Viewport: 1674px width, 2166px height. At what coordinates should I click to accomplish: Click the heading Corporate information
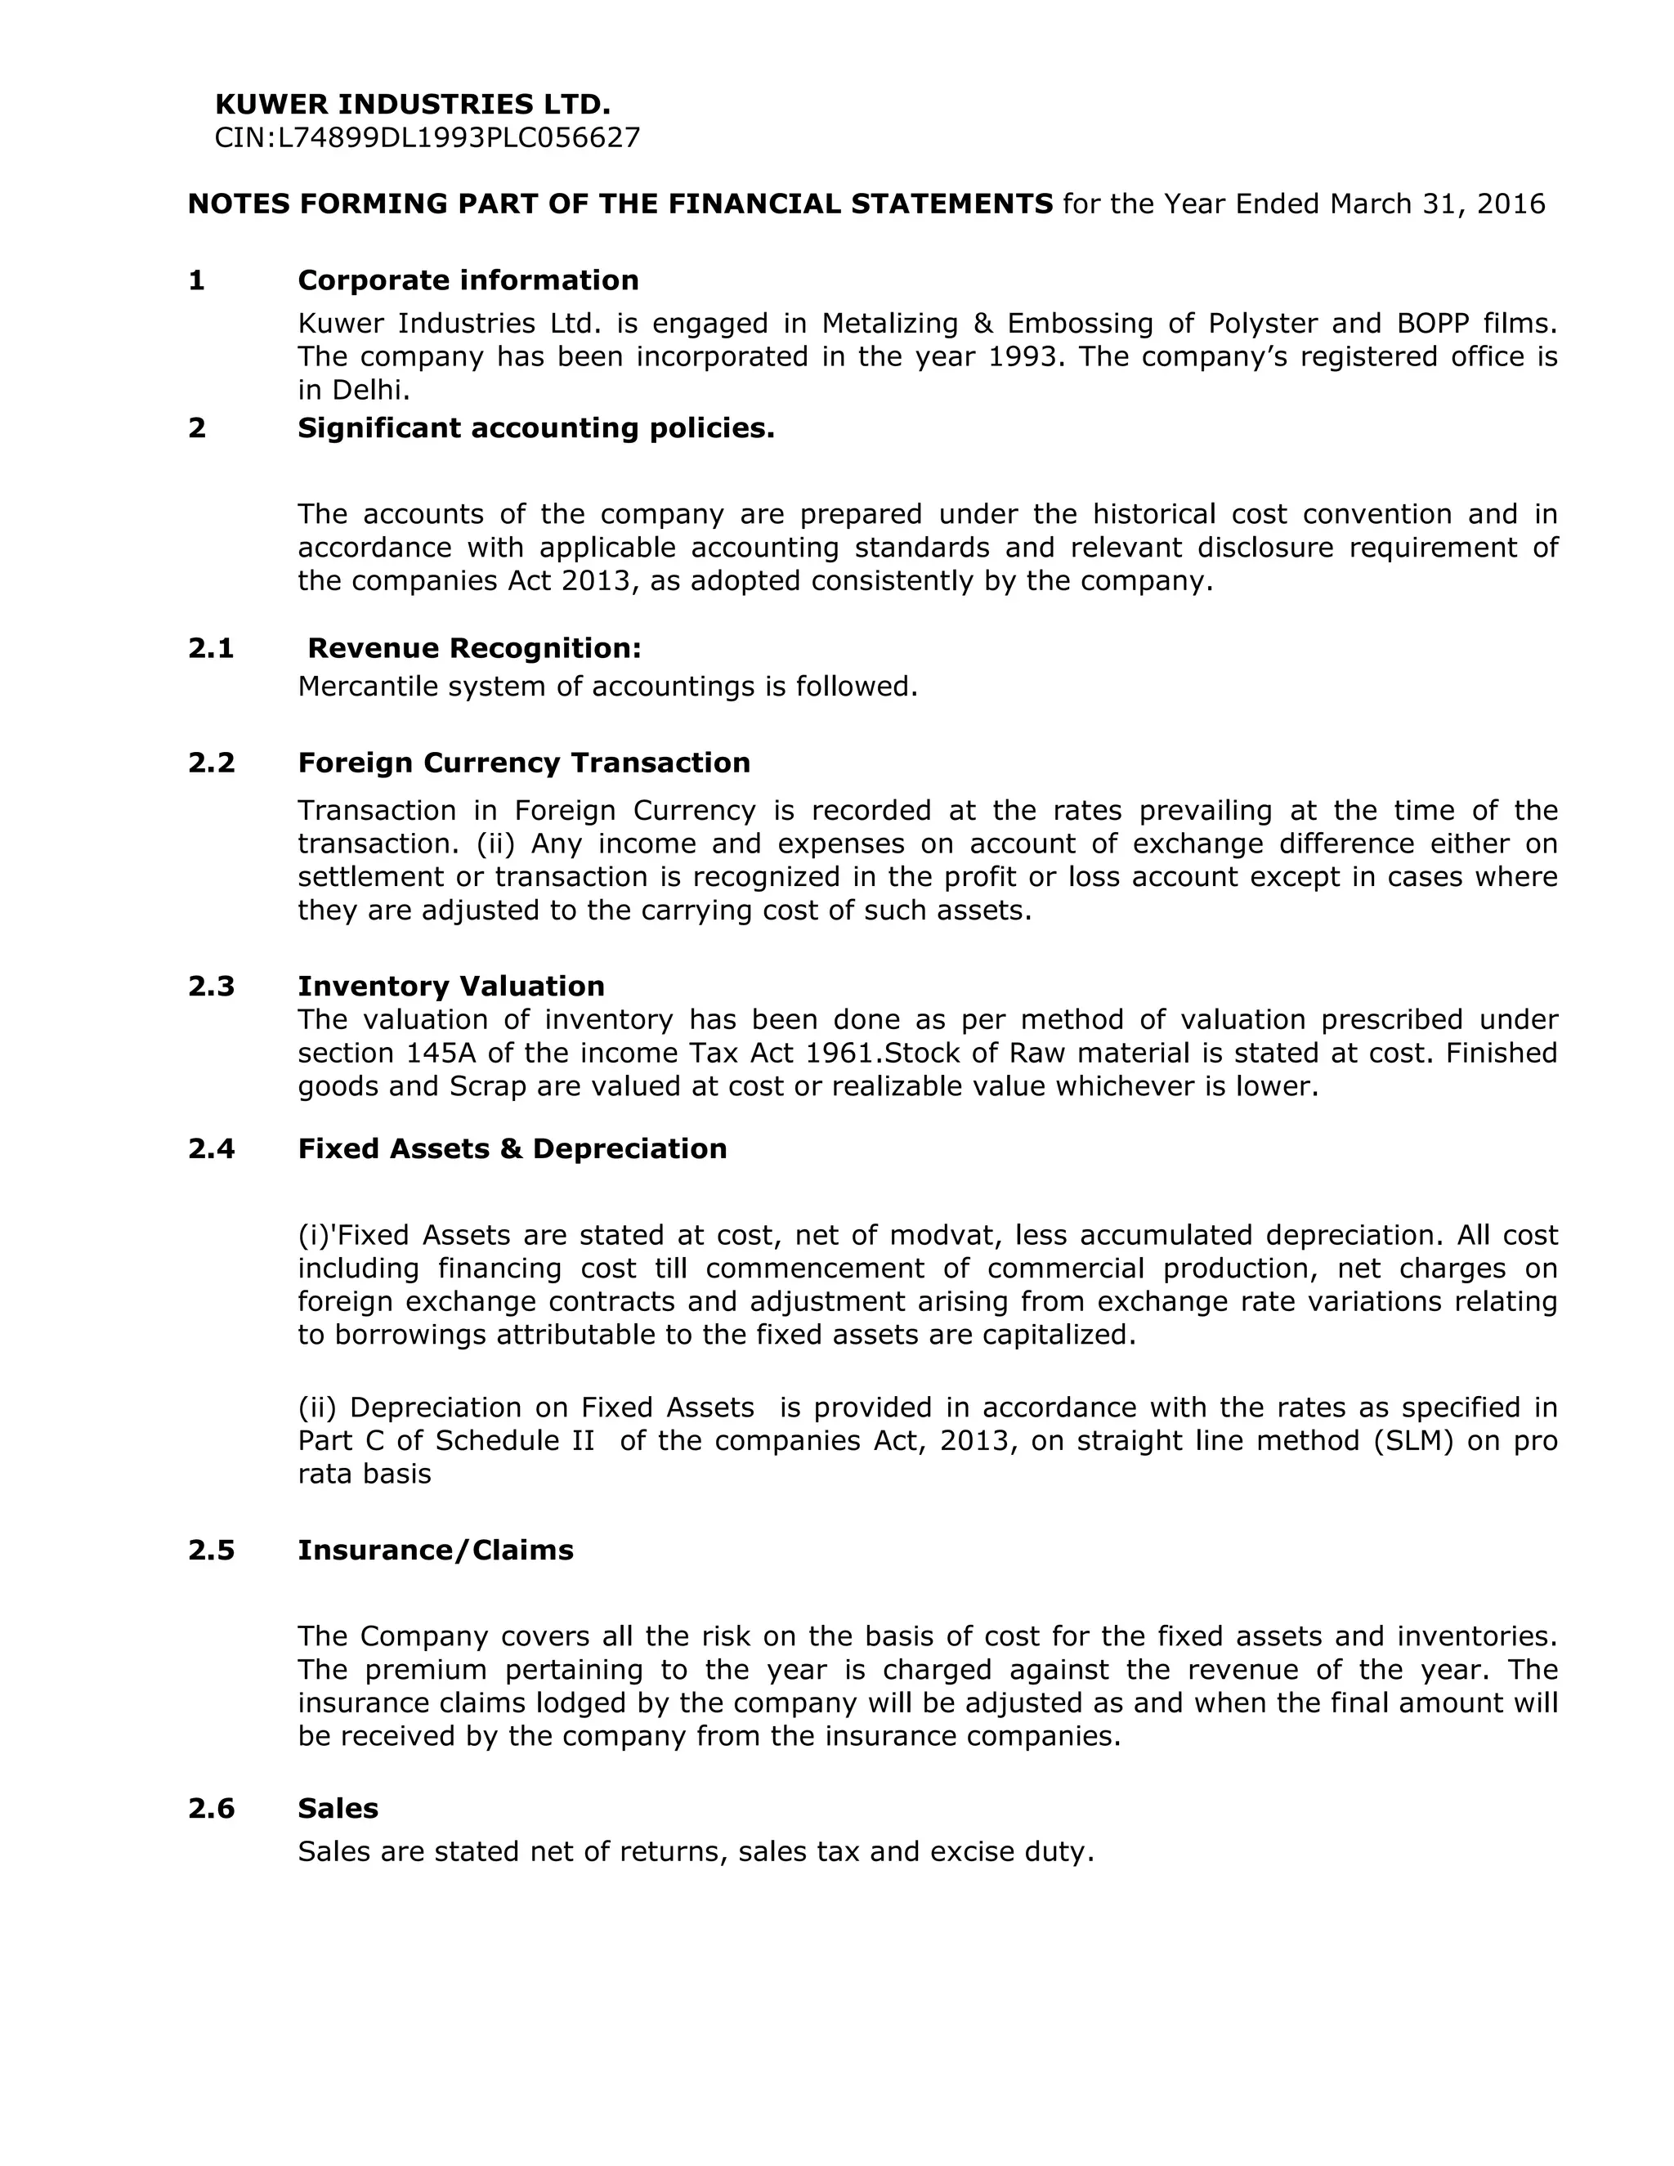pos(468,280)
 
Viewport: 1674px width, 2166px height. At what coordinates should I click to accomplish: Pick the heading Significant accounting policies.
pos(535,428)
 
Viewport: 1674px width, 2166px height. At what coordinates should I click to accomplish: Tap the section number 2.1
pos(211,649)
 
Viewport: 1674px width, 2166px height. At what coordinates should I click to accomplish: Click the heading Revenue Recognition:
pos(474,649)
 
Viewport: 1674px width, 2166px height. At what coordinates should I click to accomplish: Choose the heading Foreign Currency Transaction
pos(524,763)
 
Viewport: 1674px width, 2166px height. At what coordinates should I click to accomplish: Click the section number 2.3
pos(211,987)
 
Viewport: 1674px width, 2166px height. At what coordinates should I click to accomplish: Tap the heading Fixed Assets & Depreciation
pos(512,1148)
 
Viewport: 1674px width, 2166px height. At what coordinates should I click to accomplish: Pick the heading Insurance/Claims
pos(436,1550)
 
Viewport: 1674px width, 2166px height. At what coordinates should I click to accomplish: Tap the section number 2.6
pos(211,1809)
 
